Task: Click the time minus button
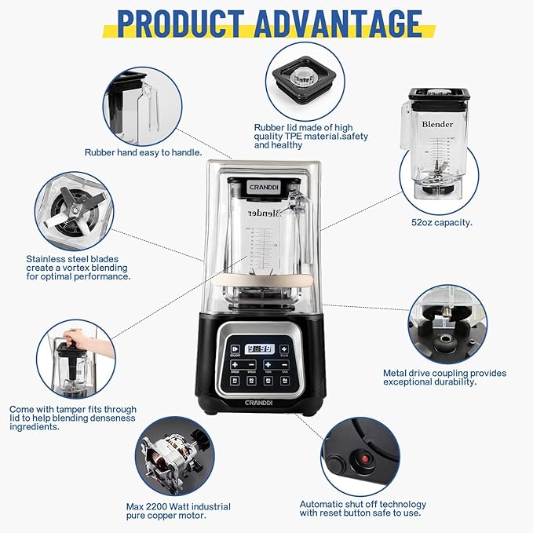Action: pos(287,364)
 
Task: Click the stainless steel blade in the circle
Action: pos(75,208)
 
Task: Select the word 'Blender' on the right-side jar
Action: pos(437,124)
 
